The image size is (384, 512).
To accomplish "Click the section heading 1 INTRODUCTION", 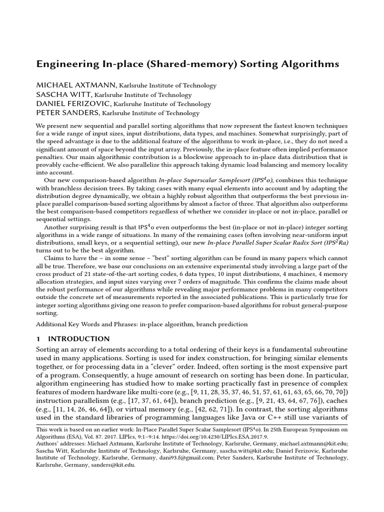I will pyautogui.click(x=73, y=338).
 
